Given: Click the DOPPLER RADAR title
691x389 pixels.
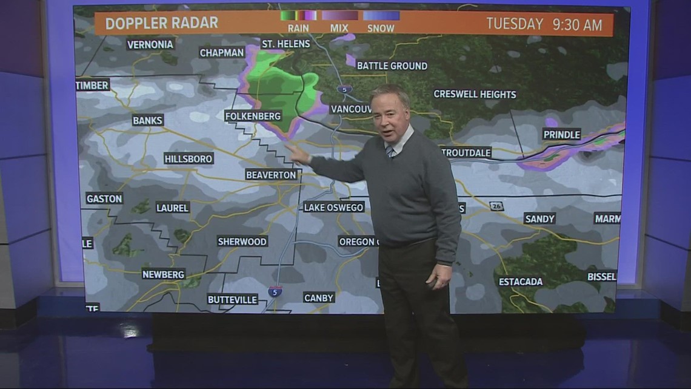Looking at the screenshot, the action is click(161, 23).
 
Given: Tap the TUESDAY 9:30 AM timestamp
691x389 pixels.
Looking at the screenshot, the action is click(544, 25).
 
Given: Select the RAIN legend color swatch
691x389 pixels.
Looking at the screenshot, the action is click(298, 15).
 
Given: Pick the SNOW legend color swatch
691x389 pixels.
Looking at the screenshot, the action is click(381, 15).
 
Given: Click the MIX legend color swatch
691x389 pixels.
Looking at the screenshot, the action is click(339, 15).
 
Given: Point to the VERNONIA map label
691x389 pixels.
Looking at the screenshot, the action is click(150, 44).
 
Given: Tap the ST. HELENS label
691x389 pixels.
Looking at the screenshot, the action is click(285, 44).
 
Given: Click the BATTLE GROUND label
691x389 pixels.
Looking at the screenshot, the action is click(392, 66).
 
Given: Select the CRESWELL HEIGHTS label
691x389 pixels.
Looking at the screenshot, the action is click(475, 94).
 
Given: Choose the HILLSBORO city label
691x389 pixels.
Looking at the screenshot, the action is click(189, 158).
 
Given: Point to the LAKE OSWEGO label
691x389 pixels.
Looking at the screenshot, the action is click(333, 207).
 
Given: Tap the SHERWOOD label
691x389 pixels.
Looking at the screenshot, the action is click(242, 242).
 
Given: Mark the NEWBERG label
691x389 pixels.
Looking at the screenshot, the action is click(163, 274).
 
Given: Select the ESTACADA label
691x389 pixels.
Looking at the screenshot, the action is click(521, 282).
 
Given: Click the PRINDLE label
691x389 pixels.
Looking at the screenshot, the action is click(561, 135).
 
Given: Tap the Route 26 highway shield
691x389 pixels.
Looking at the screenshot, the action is click(497, 206).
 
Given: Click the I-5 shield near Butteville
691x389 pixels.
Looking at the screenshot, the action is click(275, 291).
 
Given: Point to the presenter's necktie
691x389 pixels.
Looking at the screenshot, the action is click(390, 151).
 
